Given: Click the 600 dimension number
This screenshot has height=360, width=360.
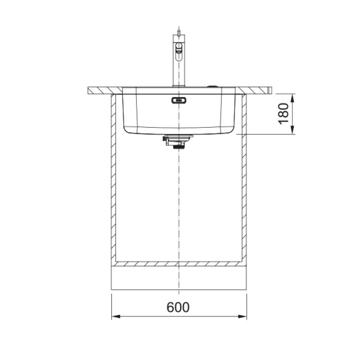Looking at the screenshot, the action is (x=178, y=307).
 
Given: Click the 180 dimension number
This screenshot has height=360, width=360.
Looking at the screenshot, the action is (x=284, y=114).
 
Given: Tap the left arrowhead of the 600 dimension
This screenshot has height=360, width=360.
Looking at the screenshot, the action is (x=116, y=316).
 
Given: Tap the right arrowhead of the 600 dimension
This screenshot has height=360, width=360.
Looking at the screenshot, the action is (x=242, y=316).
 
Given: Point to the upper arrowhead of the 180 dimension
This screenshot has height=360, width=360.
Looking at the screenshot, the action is (x=292, y=98).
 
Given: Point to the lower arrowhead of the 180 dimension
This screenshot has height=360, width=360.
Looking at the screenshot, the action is (x=292, y=130).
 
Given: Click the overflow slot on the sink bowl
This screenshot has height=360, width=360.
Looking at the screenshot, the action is (x=179, y=100).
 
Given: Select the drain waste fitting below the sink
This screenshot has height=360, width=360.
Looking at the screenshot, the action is (x=178, y=142).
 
